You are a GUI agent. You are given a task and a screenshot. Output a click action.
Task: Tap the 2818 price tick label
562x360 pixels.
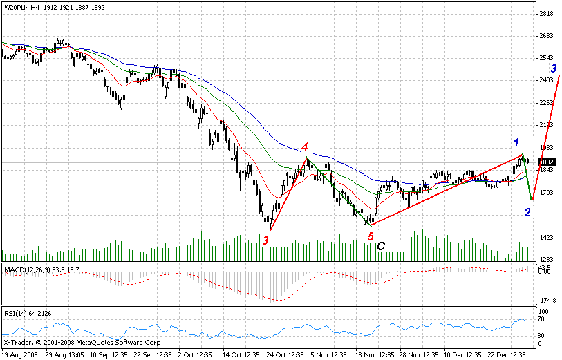point(546,14)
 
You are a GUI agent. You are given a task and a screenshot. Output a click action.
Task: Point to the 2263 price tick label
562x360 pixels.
point(546,103)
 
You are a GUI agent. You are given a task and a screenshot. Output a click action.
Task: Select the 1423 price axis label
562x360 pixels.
point(546,238)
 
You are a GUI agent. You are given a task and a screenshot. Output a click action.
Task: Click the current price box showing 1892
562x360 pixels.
point(545,162)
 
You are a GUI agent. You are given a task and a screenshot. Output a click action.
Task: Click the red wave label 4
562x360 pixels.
point(304,147)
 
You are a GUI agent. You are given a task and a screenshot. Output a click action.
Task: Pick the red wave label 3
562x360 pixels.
point(265,240)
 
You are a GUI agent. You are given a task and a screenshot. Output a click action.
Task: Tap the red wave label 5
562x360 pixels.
point(371,237)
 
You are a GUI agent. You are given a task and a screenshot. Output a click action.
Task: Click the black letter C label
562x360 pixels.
point(381,245)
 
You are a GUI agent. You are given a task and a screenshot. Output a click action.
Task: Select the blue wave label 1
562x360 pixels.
point(516,142)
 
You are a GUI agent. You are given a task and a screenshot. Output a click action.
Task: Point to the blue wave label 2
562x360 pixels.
point(527,213)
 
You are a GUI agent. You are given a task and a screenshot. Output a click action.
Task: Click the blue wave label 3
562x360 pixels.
point(554,68)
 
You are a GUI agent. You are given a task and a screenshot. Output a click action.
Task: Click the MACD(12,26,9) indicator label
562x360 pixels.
point(26,269)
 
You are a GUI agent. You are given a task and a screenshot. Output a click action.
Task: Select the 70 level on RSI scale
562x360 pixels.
point(543,322)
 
